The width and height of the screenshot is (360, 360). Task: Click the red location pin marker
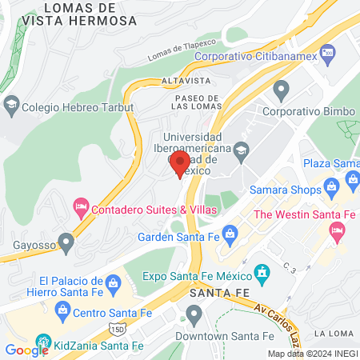178,164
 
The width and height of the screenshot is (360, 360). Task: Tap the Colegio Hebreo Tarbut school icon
11,103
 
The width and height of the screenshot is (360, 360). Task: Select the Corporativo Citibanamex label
246,57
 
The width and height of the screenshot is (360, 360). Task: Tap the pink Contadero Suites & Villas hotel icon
81,208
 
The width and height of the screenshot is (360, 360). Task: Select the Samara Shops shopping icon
331,190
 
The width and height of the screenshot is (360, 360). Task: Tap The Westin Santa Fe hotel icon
337,231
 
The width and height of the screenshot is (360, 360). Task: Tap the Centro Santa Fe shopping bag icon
62,309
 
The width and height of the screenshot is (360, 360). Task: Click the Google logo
26,350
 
